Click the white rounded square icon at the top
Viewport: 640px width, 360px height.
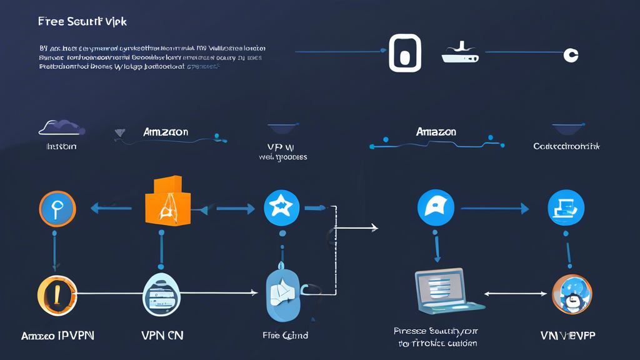click(404, 54)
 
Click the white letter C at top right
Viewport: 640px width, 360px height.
click(570, 55)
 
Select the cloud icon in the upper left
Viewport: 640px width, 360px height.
click(61, 127)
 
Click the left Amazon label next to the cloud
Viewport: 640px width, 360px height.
click(165, 132)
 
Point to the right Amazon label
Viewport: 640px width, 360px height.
click(436, 132)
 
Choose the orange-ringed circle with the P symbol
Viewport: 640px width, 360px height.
click(57, 209)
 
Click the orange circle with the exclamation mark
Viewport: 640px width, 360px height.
click(57, 294)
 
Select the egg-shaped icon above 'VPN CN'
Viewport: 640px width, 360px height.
click(162, 294)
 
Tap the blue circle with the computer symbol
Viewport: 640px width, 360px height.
click(566, 208)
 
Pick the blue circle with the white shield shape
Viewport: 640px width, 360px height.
click(436, 208)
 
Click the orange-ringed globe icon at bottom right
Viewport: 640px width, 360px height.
click(571, 294)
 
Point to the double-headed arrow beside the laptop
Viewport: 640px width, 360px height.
click(516, 292)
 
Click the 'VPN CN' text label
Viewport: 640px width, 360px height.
click(162, 336)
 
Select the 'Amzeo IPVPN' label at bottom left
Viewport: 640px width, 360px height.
click(57, 336)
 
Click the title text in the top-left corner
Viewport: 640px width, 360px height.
click(82, 22)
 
